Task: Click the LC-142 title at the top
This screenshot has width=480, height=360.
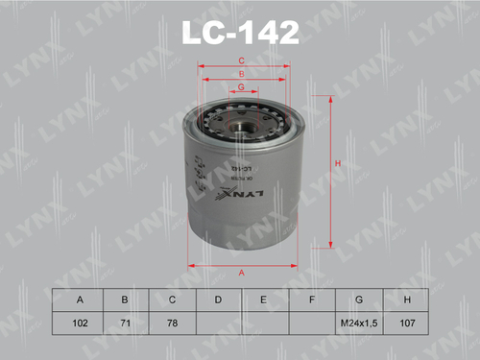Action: click(x=240, y=35)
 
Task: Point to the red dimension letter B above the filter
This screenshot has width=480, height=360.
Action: click(x=241, y=74)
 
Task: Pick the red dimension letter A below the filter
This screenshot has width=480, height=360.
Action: click(x=241, y=274)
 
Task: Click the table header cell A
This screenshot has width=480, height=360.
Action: click(x=80, y=300)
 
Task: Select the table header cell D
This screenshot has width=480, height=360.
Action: click(x=218, y=300)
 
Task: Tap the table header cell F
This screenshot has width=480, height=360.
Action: click(x=311, y=300)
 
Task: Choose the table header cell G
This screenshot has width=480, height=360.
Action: click(x=358, y=300)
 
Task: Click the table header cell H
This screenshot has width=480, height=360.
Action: click(x=404, y=300)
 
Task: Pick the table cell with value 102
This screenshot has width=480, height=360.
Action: click(x=80, y=323)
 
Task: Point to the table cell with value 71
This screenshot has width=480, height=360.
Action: click(x=126, y=323)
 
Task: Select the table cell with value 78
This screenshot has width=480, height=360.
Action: click(x=172, y=323)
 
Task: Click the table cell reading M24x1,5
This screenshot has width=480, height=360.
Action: click(x=358, y=323)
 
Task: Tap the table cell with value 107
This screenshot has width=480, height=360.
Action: click(x=404, y=323)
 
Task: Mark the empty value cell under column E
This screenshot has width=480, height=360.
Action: click(x=264, y=323)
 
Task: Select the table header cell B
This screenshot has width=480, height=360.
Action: click(x=126, y=300)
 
